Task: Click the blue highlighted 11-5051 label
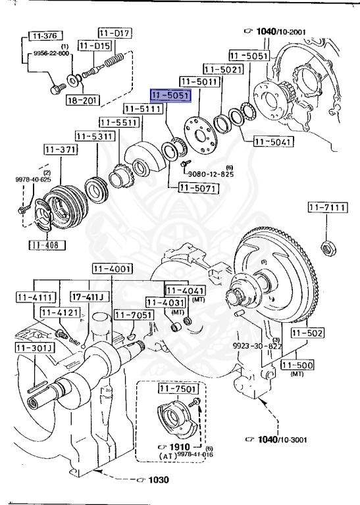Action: pyautogui.click(x=171, y=96)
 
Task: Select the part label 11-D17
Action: pyautogui.click(x=115, y=32)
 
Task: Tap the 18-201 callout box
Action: pyautogui.click(x=83, y=101)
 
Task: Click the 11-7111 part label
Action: pyautogui.click(x=326, y=208)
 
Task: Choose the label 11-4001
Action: pyautogui.click(x=112, y=268)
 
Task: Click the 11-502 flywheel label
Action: pyautogui.click(x=307, y=333)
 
